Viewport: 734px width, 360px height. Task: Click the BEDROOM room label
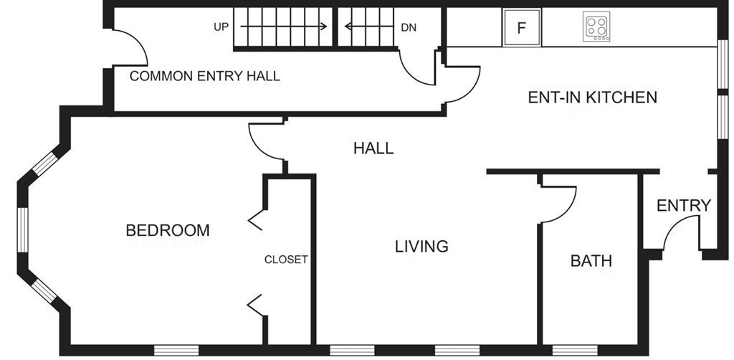168,230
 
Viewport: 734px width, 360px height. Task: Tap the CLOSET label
286,260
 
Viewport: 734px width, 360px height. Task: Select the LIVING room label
421,246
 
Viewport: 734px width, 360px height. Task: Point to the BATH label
591,261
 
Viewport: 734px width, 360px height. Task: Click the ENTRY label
684,206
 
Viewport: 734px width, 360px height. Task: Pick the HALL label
373,148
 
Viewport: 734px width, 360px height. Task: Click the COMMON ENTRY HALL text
204,76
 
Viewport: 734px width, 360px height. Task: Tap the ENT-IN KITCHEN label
593,98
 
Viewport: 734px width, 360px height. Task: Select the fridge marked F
522,28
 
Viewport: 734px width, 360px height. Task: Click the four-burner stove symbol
596,27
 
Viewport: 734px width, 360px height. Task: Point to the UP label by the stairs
221,27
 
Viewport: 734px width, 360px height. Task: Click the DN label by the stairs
409,28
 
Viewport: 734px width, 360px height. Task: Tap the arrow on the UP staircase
284,27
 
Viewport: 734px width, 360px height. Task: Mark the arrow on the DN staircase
369,27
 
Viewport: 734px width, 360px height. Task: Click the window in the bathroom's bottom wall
575,350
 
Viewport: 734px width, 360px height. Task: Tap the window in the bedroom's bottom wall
176,350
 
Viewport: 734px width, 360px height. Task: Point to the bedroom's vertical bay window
23,229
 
